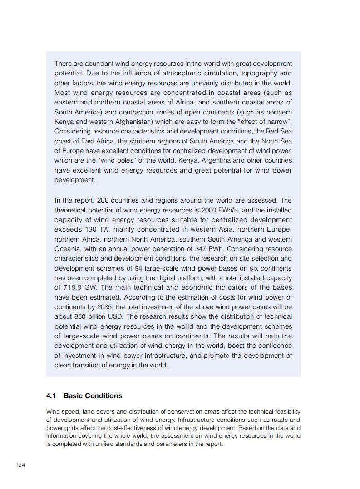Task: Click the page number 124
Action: pyautogui.click(x=20, y=465)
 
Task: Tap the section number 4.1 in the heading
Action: pyautogui.click(x=51, y=396)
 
